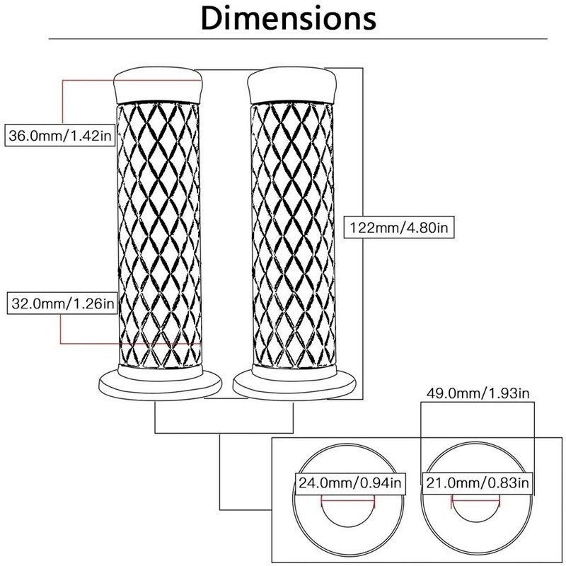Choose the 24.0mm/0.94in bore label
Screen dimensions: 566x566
pos(350,485)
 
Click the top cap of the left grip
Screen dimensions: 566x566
pos(158,83)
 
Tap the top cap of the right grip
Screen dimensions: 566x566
pos(291,83)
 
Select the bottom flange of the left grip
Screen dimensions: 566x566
pos(158,386)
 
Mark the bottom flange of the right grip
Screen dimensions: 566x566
pos(291,386)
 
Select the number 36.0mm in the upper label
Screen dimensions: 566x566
pos(31,134)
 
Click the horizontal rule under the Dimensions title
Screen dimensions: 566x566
pos(283,37)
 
